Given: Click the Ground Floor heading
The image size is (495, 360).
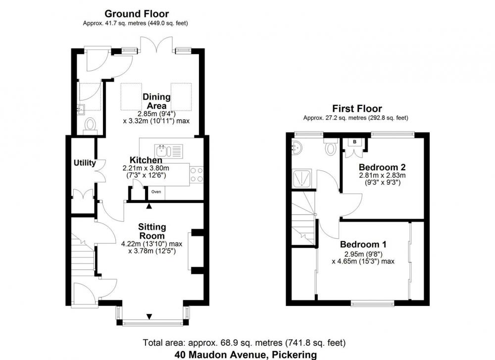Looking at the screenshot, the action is tap(137, 14).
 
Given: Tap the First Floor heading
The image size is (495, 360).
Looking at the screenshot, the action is tap(357, 108).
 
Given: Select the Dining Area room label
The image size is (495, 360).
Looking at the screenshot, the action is tap(156, 101).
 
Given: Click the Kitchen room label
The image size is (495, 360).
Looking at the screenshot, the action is tap(146, 160).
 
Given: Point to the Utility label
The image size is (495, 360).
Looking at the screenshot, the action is tap(85, 163).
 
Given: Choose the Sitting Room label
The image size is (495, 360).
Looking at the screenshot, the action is tap(152, 231).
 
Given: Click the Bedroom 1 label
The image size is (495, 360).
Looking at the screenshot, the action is tap(363, 245).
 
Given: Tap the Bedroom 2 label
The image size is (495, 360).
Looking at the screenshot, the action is tap(382, 167).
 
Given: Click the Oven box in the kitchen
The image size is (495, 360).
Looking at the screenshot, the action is tap(156, 193).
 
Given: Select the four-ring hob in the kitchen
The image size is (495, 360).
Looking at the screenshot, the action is tap(197, 175).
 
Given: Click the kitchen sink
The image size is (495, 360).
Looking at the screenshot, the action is tap(169, 151).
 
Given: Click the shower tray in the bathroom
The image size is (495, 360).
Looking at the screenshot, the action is tap(303, 178).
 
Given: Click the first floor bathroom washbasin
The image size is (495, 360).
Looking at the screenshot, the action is tap(297, 147).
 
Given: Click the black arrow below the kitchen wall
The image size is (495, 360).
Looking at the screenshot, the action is tap(149, 206).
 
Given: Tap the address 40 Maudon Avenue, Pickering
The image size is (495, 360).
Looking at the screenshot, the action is tap(246, 355).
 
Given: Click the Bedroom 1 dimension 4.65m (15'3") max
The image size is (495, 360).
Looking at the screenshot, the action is tap(363, 261).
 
